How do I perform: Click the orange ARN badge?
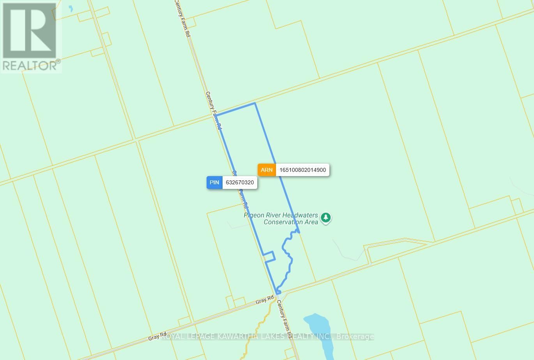[x=267, y=170]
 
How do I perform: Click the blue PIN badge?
[x=214, y=182]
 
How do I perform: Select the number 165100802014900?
[x=302, y=170]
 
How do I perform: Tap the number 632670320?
[x=240, y=182]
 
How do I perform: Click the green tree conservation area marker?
[x=326, y=218]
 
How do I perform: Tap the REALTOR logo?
[x=31, y=37]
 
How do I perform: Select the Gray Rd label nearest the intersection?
[x=265, y=300]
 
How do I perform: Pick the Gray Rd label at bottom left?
[x=157, y=336]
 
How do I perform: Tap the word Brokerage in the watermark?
[x=355, y=337]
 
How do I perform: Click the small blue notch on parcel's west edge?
[x=270, y=257]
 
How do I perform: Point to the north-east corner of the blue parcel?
[x=255, y=103]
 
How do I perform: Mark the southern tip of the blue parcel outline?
[x=278, y=293]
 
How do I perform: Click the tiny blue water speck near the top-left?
[x=71, y=9]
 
